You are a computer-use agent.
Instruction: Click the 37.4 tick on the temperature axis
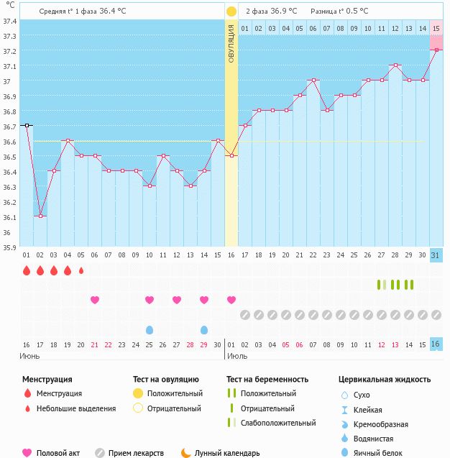tap(9, 20)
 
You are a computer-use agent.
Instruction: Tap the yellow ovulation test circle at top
tap(231, 12)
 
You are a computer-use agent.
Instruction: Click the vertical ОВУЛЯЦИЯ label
tap(231, 43)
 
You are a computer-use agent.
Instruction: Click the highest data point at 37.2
tap(436, 50)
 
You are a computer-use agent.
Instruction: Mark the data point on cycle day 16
tap(231, 155)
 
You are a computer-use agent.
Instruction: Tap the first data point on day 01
tap(27, 125)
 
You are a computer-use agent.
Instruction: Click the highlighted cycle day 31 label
tap(436, 256)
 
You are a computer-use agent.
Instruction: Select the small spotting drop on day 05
tap(81, 270)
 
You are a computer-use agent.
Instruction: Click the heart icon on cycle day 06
tap(95, 300)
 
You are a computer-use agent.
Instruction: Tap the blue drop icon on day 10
tap(150, 329)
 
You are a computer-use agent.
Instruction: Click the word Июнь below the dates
tap(29, 356)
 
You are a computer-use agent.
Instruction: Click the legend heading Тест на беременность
tap(267, 379)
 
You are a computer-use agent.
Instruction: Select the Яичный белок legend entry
tap(378, 453)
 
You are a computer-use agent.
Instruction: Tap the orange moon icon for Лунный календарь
tap(186, 452)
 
